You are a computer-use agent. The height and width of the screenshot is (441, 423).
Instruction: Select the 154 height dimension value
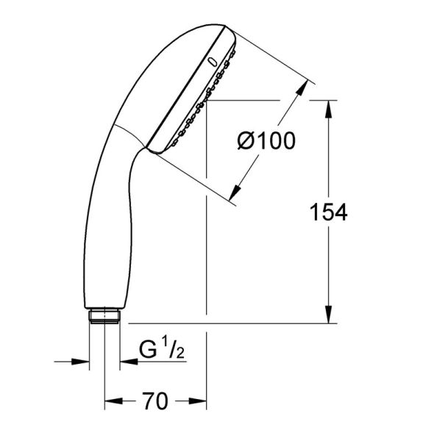pos(327,212)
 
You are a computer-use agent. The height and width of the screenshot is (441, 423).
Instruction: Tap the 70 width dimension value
pos(155,401)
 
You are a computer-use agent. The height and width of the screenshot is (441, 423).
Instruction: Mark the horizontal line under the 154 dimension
pos(228,323)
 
